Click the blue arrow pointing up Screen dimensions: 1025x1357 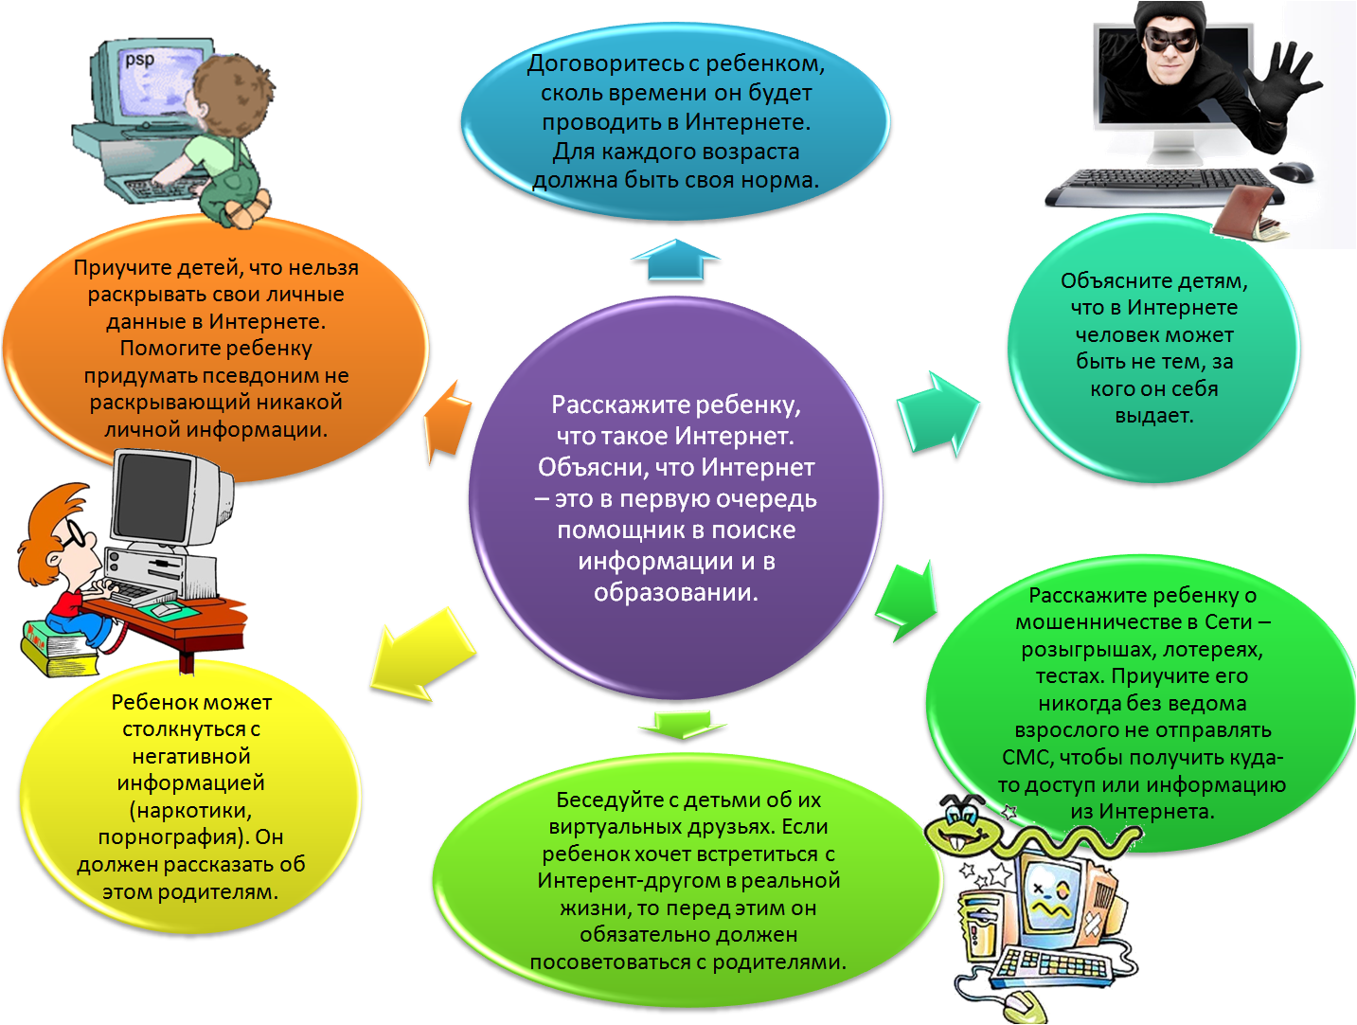(675, 262)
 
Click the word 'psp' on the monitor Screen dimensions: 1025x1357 (140, 60)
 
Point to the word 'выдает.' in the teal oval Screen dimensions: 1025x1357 (1153, 416)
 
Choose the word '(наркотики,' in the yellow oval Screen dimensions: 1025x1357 (191, 811)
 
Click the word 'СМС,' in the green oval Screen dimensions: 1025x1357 (1027, 758)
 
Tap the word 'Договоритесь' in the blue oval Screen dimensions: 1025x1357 (602, 64)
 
